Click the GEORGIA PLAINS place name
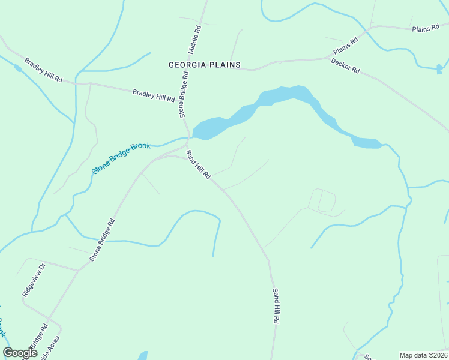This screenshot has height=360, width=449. (204, 65)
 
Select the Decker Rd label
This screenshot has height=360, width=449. (345, 65)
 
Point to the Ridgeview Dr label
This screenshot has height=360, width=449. (34, 280)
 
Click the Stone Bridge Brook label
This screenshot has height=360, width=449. (121, 158)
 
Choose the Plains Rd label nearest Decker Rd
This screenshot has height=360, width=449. (345, 45)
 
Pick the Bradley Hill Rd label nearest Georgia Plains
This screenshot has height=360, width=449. (154, 95)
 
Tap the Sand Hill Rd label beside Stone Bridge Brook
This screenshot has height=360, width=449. (198, 164)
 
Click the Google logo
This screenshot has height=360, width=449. (20, 353)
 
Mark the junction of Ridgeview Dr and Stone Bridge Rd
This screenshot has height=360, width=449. (78, 270)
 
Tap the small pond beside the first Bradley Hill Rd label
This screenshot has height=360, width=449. (18, 68)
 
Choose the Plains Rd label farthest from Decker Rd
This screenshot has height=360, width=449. (426, 29)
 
